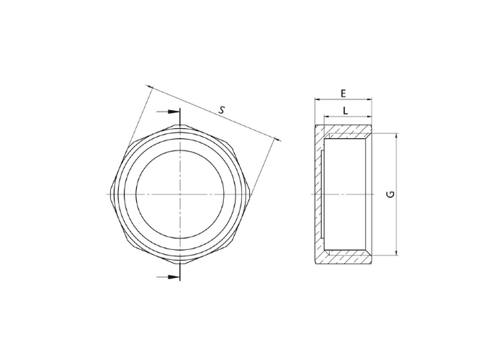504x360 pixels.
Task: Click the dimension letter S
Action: point(222,110)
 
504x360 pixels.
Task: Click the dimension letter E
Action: point(343,94)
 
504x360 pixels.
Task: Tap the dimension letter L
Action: point(346,111)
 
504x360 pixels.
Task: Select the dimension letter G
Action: point(390,194)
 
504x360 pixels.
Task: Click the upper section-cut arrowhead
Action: point(174,112)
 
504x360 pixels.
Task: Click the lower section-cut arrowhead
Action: point(174,276)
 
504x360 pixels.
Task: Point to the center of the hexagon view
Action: point(180,194)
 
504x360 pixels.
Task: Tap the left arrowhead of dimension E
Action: point(318,99)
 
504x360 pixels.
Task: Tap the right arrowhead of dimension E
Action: point(369,99)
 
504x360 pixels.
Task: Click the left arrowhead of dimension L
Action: point(327,117)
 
